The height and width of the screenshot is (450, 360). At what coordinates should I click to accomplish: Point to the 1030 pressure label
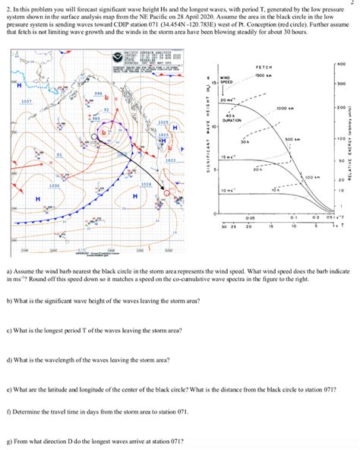[33, 185]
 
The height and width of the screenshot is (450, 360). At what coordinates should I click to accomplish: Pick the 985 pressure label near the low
[96, 119]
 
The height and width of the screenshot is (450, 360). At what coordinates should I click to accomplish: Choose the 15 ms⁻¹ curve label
[227, 157]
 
